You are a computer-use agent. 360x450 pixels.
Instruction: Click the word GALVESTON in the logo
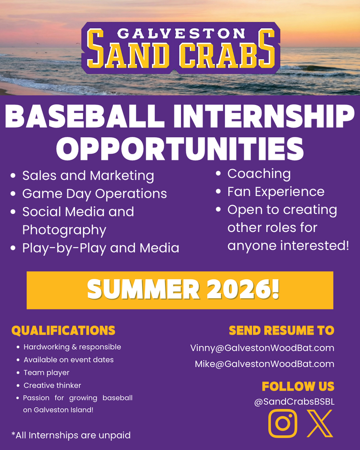[181, 34]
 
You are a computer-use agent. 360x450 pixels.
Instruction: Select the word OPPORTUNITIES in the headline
[180, 149]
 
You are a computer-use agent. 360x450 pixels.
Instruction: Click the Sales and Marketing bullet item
[88, 176]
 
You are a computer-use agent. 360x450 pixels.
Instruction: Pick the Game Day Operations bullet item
[94, 194]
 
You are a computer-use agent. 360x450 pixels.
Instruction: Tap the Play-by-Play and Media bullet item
[100, 248]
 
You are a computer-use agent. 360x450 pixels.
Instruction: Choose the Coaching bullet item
[259, 174]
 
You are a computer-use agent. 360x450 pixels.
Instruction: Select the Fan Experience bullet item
[276, 192]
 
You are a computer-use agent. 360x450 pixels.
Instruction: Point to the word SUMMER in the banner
[143, 290]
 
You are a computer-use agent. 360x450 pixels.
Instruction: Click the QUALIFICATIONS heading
[63, 330]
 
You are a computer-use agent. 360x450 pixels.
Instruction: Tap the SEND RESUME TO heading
[282, 330]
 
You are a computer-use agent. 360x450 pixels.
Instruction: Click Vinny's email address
[262, 348]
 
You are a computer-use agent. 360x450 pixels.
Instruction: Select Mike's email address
[264, 364]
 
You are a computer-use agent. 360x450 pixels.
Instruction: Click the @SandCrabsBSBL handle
[294, 402]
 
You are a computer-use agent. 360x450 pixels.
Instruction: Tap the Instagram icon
[283, 423]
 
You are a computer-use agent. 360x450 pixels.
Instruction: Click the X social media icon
[320, 423]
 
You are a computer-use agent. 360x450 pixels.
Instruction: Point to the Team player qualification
[46, 373]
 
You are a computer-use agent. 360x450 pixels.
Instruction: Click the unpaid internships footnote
[71, 435]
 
